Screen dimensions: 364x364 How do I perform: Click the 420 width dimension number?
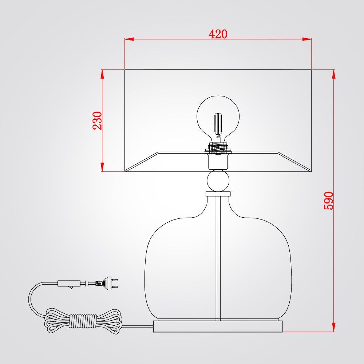click(218, 34)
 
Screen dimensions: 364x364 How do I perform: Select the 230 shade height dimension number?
click(97, 120)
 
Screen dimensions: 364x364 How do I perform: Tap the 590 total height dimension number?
click(328, 201)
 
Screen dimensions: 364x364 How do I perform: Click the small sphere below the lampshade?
click(218, 181)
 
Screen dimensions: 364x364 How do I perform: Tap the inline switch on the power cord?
click(69, 284)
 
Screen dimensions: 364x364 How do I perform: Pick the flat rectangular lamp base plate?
click(218, 326)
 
